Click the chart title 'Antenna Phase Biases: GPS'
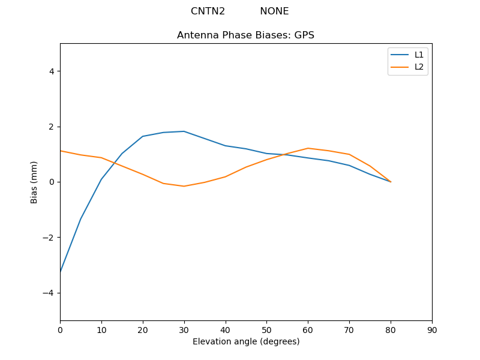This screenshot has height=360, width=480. (245, 35)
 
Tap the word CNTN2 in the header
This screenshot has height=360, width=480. (208, 11)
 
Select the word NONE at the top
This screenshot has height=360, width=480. (274, 11)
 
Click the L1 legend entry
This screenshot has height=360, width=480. (419, 55)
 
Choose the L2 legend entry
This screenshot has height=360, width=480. (419, 67)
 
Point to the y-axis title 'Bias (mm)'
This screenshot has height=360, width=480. (34, 182)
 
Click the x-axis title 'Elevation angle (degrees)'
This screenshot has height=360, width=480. (246, 341)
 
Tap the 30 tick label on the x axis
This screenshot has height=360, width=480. (184, 329)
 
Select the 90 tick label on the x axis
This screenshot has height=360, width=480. (432, 329)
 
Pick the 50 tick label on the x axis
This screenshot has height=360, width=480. (267, 329)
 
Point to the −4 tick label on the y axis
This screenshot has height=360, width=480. (49, 293)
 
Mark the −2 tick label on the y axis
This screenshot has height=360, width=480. (49, 238)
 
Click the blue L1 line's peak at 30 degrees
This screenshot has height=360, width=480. (184, 131)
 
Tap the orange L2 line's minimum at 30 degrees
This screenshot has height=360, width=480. (184, 186)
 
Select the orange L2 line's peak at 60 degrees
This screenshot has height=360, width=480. (308, 148)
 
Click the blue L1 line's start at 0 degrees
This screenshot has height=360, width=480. (61, 272)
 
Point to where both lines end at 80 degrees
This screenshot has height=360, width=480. (391, 182)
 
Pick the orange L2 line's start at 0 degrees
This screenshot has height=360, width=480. (61, 151)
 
